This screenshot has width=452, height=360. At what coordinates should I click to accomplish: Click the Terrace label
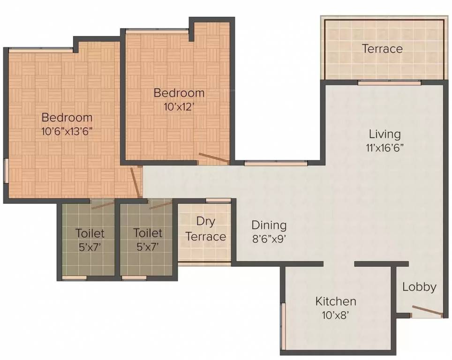coord(382,49)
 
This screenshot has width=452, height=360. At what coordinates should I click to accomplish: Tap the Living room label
coord(384,134)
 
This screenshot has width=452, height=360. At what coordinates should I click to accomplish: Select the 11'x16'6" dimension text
coord(384,147)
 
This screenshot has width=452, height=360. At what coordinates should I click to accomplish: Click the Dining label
coord(269,225)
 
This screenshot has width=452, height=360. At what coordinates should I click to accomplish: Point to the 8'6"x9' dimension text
coord(269,238)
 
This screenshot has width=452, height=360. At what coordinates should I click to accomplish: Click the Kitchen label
coord(335,301)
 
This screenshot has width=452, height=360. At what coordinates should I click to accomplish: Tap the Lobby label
coord(419,287)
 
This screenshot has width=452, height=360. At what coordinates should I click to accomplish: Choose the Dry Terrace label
coord(205,229)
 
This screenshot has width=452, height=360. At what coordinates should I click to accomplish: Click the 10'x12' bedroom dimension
coord(179,106)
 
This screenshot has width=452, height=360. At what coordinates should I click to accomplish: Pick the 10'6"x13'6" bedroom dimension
coord(67,131)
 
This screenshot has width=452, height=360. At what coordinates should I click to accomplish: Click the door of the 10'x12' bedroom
coord(214,158)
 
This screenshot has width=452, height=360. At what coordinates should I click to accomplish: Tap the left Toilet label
coord(90,233)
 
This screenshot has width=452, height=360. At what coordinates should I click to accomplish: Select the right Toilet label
coord(148,233)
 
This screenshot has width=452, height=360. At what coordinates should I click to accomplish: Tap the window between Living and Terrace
coord(389,82)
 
